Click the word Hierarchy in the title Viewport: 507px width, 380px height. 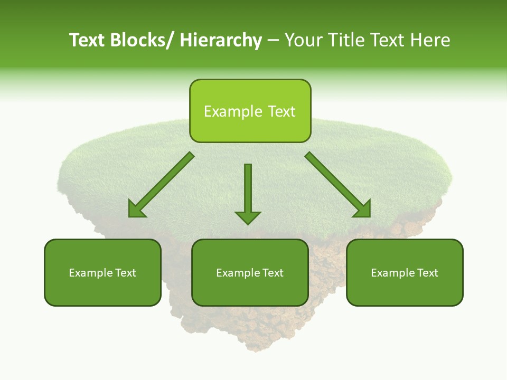click(x=220, y=40)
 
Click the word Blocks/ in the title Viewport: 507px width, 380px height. click(x=139, y=40)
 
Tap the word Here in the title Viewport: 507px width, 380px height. click(x=428, y=40)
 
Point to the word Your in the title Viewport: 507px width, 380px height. click(x=305, y=40)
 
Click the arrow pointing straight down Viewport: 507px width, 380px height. click(x=248, y=190)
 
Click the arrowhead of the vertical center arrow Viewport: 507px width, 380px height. click(x=248, y=217)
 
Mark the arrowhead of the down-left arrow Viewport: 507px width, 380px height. click(x=137, y=209)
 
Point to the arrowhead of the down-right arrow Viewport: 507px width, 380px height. click(x=362, y=209)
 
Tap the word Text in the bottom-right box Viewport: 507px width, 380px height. click(x=427, y=273)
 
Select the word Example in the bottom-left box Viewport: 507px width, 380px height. click(x=90, y=273)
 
